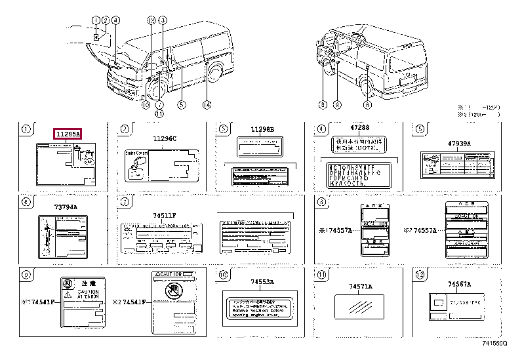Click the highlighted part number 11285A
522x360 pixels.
pyautogui.click(x=67, y=134)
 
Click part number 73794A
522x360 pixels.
pyautogui.click(x=66, y=207)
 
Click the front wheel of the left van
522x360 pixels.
pyautogui.click(x=155, y=89)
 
